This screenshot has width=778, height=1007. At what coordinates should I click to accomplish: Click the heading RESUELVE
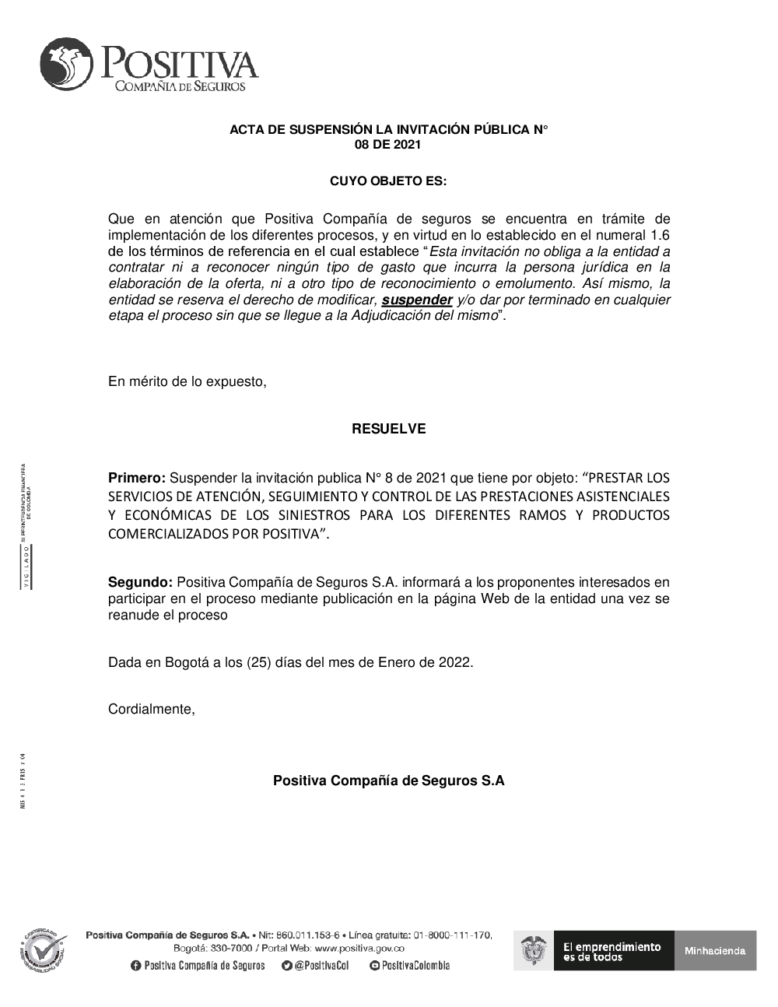coord(388,429)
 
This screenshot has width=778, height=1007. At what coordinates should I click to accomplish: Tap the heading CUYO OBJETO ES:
coord(388,181)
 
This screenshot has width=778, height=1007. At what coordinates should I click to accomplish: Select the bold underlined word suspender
coord(418,300)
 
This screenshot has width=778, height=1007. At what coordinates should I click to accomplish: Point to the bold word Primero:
coord(137,477)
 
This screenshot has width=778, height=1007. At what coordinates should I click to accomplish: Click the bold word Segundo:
coord(140,582)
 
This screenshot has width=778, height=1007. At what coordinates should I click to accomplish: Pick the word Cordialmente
coord(151,709)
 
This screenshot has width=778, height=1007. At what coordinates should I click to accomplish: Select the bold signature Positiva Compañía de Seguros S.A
coord(388,781)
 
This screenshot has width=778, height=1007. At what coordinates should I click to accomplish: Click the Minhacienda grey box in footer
coord(715,950)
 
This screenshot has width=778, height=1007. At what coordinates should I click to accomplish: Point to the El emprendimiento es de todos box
coord(611,951)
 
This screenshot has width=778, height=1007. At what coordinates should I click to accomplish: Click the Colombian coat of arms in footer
coord(533,951)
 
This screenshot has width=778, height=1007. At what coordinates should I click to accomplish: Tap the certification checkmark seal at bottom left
coord(42,949)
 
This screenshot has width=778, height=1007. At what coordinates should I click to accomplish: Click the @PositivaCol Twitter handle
coord(321,966)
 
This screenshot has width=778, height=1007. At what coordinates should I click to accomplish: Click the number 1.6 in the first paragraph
coord(660,235)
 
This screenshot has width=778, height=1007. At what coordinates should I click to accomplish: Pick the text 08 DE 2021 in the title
coord(388,144)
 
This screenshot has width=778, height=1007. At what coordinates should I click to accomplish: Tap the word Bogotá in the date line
coord(183,662)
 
